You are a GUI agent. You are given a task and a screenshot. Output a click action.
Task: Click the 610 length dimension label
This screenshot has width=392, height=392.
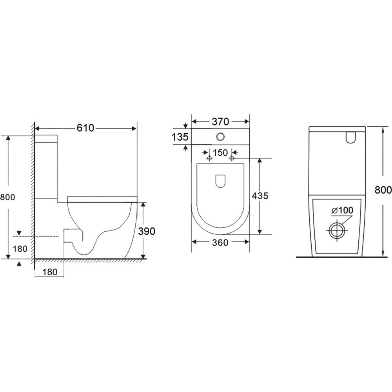tap(85, 128)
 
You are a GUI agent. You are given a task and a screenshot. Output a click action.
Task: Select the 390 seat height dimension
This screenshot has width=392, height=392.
tap(147, 231)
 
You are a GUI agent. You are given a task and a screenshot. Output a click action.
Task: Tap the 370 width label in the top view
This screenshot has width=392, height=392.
tap(220, 122)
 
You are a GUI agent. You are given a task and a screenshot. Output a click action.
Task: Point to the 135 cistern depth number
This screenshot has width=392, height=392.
tap(180, 137)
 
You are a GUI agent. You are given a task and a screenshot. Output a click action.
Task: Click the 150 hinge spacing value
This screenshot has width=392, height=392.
tap(220, 153)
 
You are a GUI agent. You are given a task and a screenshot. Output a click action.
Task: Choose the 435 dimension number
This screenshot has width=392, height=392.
tap(260, 196)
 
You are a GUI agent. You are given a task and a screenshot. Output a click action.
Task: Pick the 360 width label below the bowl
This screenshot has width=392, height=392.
tap(220, 243)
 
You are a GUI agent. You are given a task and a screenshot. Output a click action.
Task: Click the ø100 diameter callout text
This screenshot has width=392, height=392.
tap(342, 211)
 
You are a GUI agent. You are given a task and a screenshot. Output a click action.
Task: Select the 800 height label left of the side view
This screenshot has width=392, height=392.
tap(7, 197)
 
